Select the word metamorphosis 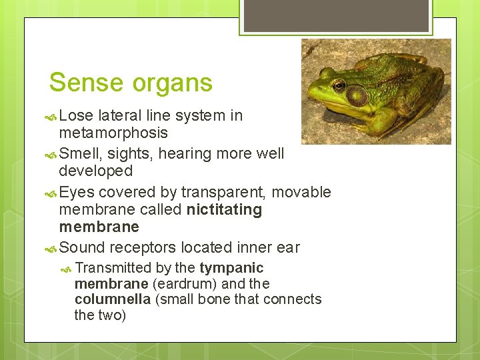tap(113, 133)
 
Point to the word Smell tap(79, 153)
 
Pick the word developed tap(96, 171)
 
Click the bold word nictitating tap(224, 210)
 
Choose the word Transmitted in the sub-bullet tap(113, 268)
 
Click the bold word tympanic tap(231, 268)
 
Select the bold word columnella tap(112, 299)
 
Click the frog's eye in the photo tap(339, 85)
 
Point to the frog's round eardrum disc tap(357, 96)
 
